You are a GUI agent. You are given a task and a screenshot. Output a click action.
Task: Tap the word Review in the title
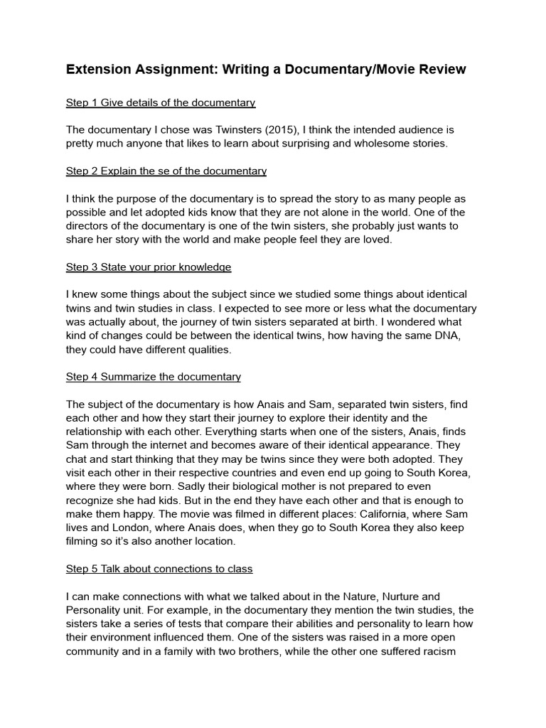440,69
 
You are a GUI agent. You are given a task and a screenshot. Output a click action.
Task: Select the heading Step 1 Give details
160,102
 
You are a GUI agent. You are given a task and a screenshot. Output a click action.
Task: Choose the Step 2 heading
166,171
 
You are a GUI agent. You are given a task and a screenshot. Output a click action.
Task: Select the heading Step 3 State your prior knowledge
149,267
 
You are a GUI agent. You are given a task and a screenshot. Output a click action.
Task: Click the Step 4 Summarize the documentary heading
153,376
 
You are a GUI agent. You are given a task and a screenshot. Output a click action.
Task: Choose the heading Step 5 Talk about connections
159,569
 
